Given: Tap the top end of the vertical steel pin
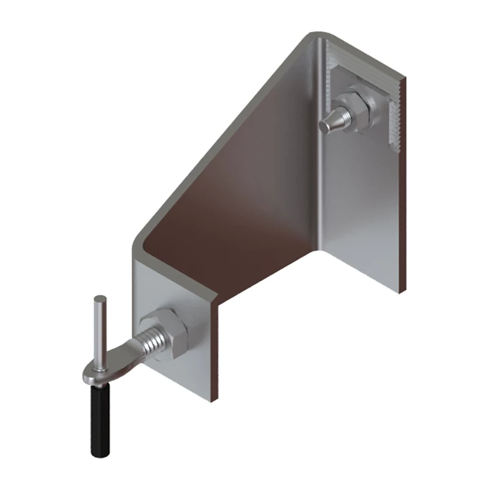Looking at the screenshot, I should pyautogui.click(x=100, y=299).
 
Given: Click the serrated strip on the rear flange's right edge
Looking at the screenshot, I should pyautogui.click(x=395, y=116).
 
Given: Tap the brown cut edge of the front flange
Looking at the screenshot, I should pyautogui.click(x=214, y=355).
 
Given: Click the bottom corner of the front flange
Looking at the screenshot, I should pyautogui.click(x=211, y=400).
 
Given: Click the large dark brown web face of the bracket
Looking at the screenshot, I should pyautogui.click(x=244, y=202).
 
